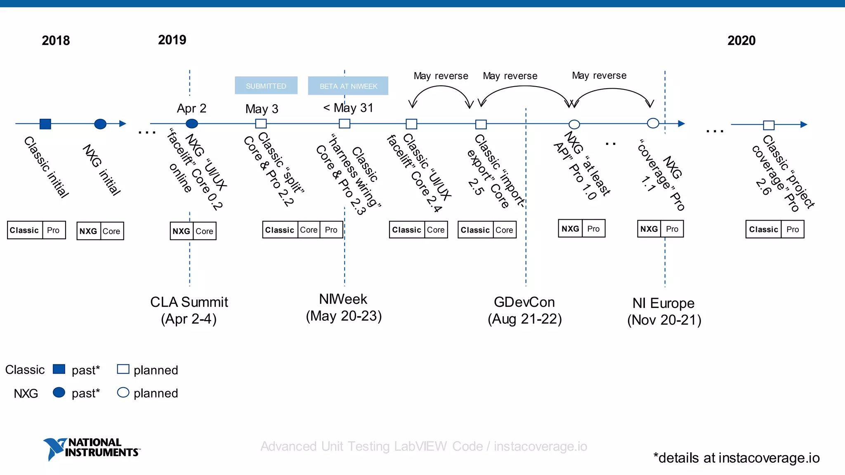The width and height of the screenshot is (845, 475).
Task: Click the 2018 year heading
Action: click(x=56, y=40)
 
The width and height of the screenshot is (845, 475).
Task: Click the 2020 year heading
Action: click(x=741, y=40)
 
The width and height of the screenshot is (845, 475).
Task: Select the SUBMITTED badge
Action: click(x=266, y=86)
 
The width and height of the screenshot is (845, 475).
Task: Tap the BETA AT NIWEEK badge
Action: click(x=348, y=86)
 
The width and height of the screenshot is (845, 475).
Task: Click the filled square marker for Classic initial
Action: click(x=45, y=124)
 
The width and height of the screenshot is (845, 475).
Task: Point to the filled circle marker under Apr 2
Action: click(x=192, y=123)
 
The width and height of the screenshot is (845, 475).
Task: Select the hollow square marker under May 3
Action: click(x=261, y=123)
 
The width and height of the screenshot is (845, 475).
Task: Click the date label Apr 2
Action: click(x=191, y=108)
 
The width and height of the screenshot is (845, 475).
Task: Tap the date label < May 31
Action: click(x=348, y=108)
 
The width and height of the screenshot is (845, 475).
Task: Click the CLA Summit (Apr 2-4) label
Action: click(x=189, y=310)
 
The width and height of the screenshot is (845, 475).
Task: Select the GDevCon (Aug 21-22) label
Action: click(x=524, y=310)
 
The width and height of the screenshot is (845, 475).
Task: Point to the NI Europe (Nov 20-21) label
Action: click(x=664, y=311)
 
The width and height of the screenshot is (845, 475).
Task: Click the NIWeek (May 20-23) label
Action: click(x=343, y=307)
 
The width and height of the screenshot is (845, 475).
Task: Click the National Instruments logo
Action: click(x=92, y=448)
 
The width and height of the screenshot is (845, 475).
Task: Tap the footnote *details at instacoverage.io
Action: click(x=736, y=458)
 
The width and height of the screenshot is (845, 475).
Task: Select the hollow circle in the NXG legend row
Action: click(x=123, y=392)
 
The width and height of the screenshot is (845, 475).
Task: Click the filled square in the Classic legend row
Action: click(x=59, y=369)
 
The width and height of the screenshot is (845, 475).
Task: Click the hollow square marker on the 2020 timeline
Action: click(x=769, y=125)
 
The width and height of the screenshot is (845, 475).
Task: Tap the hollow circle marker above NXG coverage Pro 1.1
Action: click(x=653, y=123)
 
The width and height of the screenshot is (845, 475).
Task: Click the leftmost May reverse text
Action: click(x=441, y=76)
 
